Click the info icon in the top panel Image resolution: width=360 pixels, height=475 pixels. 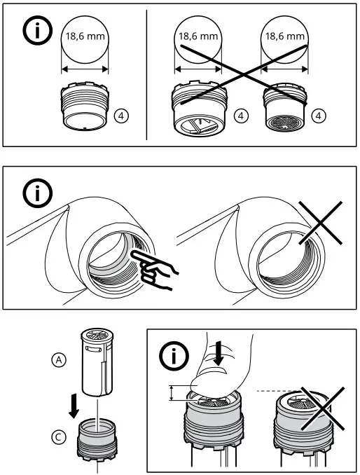(x=38, y=30)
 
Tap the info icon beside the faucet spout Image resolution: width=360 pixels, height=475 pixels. (x=38, y=193)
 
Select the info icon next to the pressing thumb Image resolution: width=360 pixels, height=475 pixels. (x=174, y=356)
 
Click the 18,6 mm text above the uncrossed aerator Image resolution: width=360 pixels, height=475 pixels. (x=85, y=36)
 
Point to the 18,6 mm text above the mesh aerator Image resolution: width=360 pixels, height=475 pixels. (x=284, y=36)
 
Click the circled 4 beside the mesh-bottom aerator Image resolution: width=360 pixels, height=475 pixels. (x=319, y=116)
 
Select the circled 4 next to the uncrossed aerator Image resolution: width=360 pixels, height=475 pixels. (x=122, y=116)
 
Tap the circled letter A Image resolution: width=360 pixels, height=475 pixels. (x=59, y=360)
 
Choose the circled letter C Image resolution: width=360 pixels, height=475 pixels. (x=59, y=437)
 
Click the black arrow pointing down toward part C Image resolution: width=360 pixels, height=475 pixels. (x=74, y=408)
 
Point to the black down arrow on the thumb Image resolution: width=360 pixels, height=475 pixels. (x=218, y=353)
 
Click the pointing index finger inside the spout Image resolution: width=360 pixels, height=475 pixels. (x=153, y=269)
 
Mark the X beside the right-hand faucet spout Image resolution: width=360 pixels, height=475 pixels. (x=320, y=223)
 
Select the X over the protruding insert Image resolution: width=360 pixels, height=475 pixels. (x=322, y=408)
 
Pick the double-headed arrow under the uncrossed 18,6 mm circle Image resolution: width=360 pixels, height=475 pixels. (x=85, y=69)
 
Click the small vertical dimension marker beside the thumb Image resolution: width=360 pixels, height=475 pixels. (x=172, y=393)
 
